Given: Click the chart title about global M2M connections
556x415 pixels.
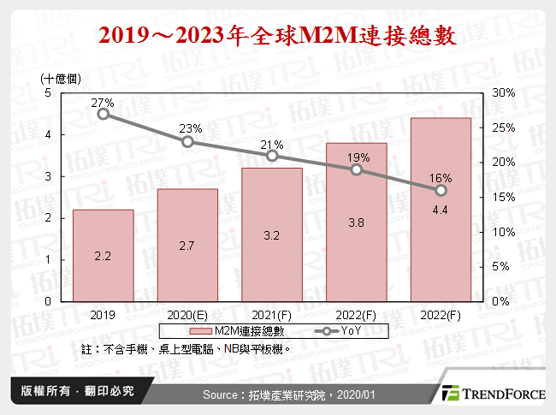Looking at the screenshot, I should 277,37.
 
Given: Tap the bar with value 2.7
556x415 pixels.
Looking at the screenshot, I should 187,245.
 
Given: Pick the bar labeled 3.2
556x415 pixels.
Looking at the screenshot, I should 272,234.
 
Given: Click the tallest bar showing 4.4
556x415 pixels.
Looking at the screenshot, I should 441,210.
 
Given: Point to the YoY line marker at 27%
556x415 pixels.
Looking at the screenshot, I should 103,114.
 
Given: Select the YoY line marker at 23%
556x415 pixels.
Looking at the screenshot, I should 187,141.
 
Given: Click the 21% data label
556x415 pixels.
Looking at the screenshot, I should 272,143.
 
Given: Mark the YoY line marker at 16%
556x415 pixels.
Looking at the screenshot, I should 441,190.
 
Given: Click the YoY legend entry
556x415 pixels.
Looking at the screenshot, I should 333,330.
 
